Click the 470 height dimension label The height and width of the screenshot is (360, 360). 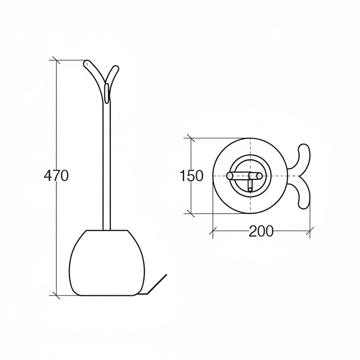pyautogui.click(x=56, y=176)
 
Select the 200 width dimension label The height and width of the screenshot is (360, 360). pyautogui.click(x=261, y=232)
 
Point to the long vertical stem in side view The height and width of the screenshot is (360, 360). pyautogui.click(x=106, y=164)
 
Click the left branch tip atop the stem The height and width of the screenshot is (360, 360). pyautogui.click(x=87, y=64)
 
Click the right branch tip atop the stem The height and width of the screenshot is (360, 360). pyautogui.click(x=115, y=68)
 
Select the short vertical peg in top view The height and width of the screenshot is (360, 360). pyautogui.click(x=250, y=184)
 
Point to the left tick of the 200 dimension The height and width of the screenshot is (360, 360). pyautogui.click(x=212, y=232)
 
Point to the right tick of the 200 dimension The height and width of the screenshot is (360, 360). pyautogui.click(x=310, y=232)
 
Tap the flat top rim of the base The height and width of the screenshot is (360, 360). pyautogui.click(x=106, y=230)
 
